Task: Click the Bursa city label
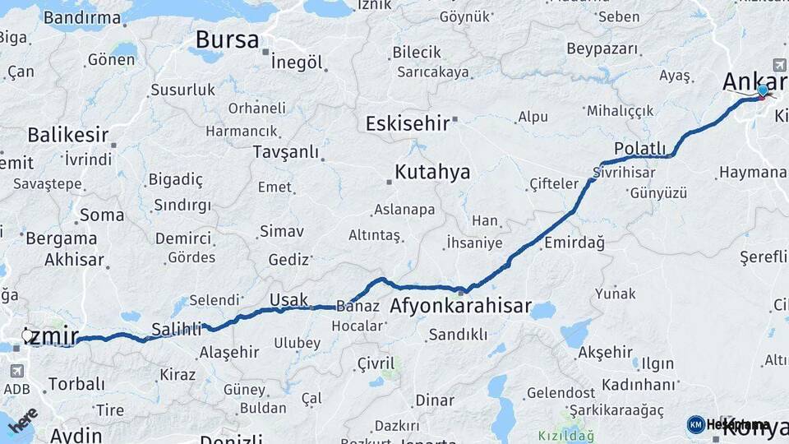[x=227, y=39]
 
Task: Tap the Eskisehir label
[x=408, y=123]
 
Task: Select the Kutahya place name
[x=432, y=172]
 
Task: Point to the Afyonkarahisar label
[x=460, y=306]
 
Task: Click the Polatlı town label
[x=640, y=148]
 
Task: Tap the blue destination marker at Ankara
[x=764, y=90]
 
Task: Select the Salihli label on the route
[x=176, y=330]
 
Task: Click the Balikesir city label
[x=68, y=134]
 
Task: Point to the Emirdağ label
[x=574, y=242]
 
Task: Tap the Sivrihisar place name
[x=624, y=173]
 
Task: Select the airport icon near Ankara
[x=779, y=65]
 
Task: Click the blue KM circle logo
[x=695, y=424]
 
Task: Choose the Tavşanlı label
[x=285, y=152]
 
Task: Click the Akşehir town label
[x=605, y=352]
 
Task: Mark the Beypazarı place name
[x=602, y=49]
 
